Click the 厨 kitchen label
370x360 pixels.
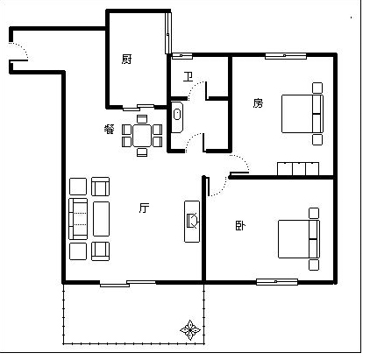pos(126,60)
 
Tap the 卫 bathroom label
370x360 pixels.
pos(188,76)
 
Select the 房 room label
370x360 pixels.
pos(258,103)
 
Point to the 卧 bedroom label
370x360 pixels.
pos(240,226)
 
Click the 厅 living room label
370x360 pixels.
pos(145,208)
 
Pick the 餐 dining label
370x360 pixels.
pos(110,129)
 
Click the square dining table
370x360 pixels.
pos(142,136)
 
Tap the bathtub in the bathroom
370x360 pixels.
pos(177,117)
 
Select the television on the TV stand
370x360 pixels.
pos(193,221)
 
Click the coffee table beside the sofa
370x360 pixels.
pos(101,219)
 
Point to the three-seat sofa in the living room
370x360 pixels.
pos(78,219)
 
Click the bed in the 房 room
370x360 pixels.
pos(302,114)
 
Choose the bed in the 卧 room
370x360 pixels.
pos(299,239)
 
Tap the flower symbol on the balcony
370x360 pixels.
pos(190,330)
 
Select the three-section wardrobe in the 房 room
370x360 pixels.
pos(298,169)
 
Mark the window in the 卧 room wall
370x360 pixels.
pos(277,282)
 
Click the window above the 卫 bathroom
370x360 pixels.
pos(182,56)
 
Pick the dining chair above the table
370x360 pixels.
pos(142,119)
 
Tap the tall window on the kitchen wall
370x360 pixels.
pos(167,33)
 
